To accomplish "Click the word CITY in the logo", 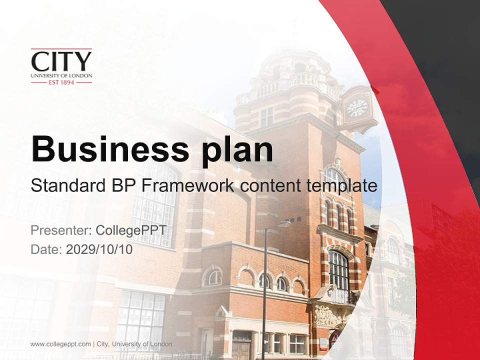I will (x=61, y=61).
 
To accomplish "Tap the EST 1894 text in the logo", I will (x=61, y=82).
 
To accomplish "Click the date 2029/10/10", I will (x=99, y=249).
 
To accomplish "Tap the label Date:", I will (x=46, y=249).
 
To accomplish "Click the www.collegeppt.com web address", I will (x=60, y=344).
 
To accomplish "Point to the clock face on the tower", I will (x=357, y=107).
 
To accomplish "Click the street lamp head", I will (x=282, y=224).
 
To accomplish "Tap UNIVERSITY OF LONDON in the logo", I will (x=61, y=75).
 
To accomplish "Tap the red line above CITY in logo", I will (x=61, y=49).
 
